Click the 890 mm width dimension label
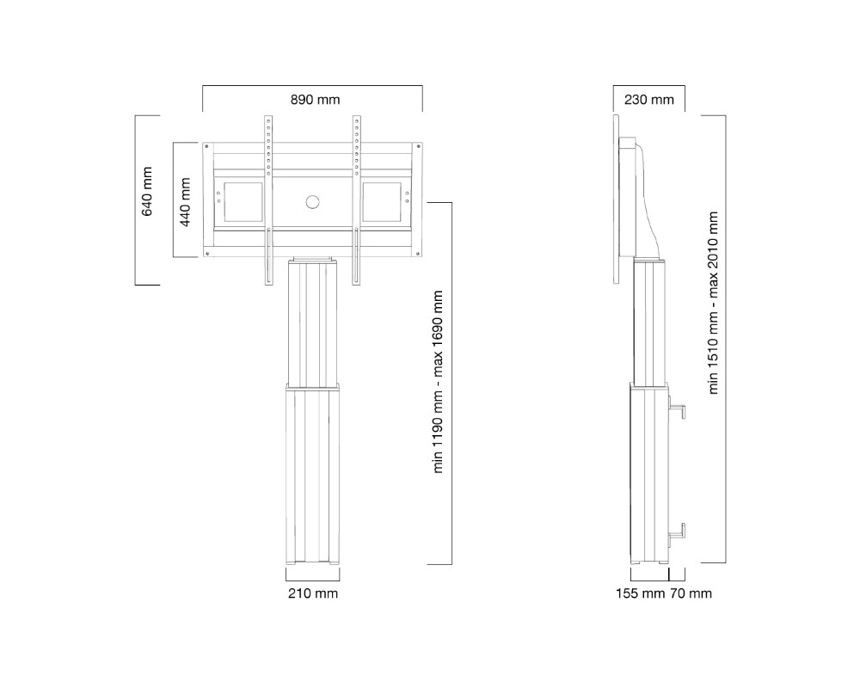coord(315,100)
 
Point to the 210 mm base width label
coord(313,593)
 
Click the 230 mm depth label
coord(648,100)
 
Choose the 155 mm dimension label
coord(640,593)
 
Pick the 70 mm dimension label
coord(691,593)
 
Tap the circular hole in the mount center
coord(311,202)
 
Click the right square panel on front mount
coord(381,202)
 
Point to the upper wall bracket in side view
coord(677,412)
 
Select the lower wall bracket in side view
coord(677,531)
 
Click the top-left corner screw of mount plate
coord(206,146)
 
